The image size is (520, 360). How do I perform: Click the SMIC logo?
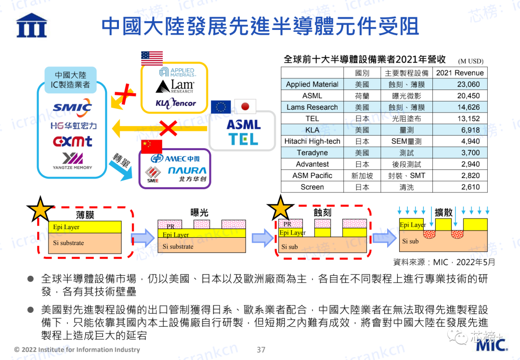[x=72, y=107]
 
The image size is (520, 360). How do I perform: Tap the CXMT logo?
[x=72, y=141]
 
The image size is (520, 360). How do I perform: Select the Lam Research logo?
[x=175, y=86]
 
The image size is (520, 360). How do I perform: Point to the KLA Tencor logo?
[x=176, y=103]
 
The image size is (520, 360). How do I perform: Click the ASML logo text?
[x=244, y=125]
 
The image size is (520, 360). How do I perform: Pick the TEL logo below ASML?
[x=243, y=139]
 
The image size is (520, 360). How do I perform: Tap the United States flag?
[x=152, y=58]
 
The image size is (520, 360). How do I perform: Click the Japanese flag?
[x=245, y=106]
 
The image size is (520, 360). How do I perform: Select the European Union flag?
[x=221, y=107]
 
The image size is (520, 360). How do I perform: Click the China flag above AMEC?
[x=152, y=146]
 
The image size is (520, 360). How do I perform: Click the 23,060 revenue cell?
[x=468, y=84]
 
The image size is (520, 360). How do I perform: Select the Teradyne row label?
[x=312, y=153]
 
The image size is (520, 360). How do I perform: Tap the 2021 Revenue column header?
[x=460, y=73]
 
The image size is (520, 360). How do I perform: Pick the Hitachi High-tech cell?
[x=312, y=141]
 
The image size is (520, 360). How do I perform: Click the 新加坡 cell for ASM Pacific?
[x=362, y=176]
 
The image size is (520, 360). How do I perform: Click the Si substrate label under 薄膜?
[x=68, y=243]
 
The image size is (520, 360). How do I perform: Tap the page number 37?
[x=261, y=350]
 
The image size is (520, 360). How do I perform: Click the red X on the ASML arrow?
[x=168, y=129]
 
